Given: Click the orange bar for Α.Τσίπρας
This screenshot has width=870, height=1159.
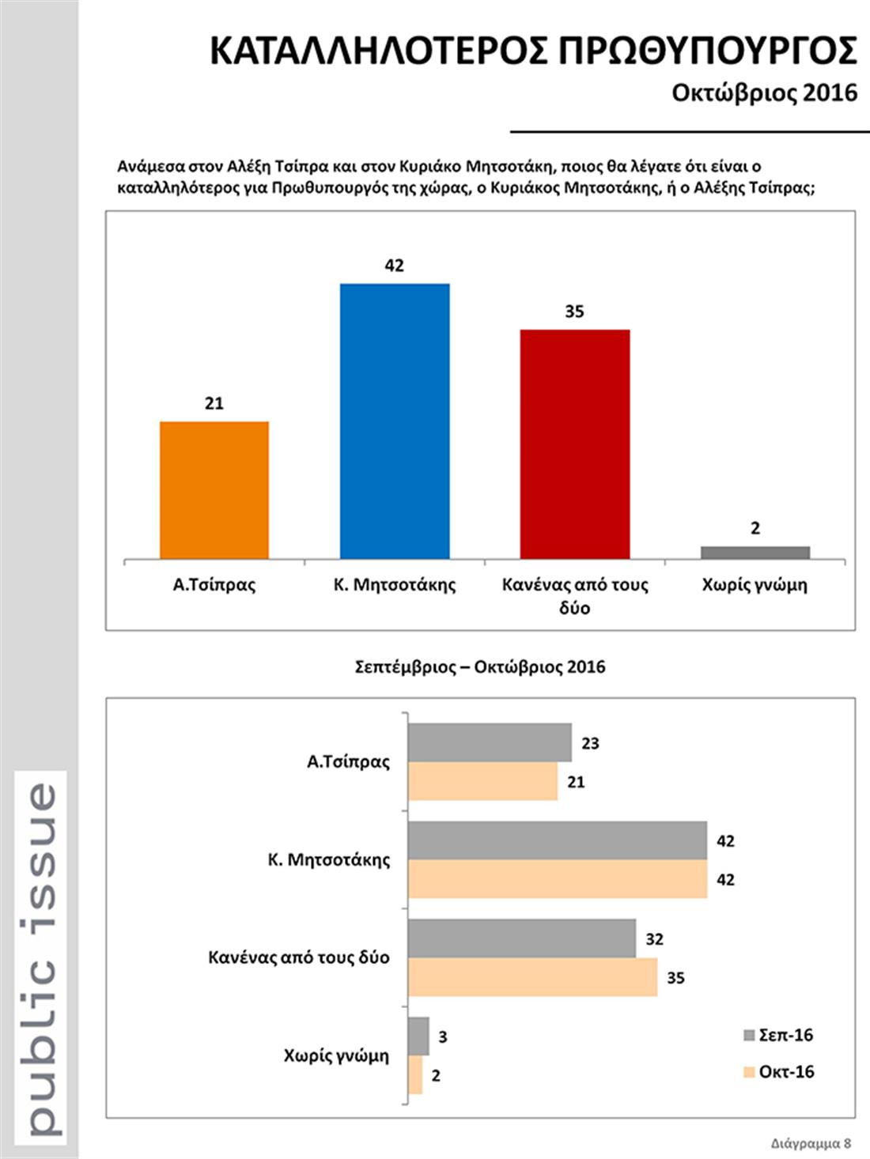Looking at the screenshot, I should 214,490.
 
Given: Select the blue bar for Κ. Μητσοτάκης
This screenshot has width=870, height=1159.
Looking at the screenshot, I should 395,421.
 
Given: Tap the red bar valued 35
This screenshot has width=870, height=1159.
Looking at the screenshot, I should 575,444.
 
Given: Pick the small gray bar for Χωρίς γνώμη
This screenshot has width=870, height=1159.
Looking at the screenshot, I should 755,553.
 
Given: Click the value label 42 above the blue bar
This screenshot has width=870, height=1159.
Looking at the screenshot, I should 395,266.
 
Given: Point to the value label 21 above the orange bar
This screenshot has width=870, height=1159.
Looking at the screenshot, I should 214,403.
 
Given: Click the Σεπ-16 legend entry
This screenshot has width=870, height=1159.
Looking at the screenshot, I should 778,1035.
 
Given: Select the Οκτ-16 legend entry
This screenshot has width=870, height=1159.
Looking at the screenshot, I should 778,1071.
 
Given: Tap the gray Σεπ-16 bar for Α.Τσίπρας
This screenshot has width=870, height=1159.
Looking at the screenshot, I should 490,742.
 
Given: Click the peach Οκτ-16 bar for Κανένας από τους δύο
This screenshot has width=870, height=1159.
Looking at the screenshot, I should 532,977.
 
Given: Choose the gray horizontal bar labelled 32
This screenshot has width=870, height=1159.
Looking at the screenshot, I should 522,938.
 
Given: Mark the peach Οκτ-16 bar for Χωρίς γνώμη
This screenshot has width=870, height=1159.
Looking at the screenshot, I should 415,1075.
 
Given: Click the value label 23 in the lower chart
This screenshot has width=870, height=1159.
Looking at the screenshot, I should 590,743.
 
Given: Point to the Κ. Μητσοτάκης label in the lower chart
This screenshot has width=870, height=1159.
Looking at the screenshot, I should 329,859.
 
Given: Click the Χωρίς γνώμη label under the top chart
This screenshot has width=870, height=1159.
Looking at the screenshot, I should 755,585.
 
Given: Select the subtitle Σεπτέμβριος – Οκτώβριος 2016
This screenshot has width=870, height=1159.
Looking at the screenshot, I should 480,666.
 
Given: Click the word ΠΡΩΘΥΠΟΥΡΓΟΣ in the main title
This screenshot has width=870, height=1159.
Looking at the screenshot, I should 708,51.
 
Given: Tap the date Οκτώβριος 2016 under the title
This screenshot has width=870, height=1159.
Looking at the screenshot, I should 765,92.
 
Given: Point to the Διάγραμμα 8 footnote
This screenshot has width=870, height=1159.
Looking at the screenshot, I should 811,1143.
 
